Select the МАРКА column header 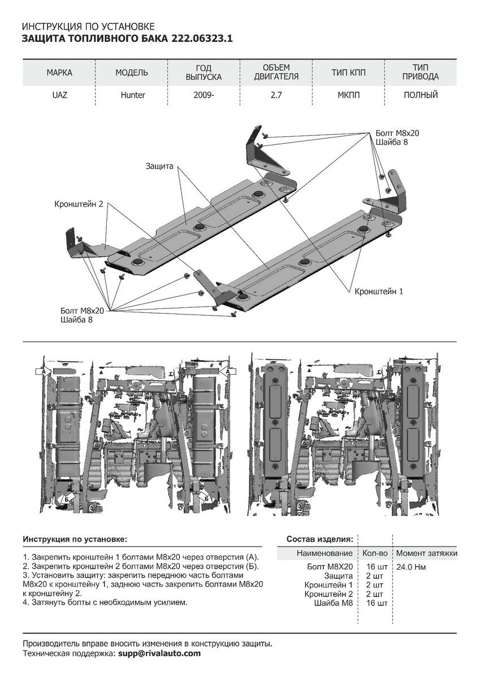(x=59, y=73)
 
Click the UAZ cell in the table (x=59, y=95)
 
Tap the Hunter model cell (x=132, y=95)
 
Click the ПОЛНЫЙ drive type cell (x=421, y=95)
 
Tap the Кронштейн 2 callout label (x=79, y=204)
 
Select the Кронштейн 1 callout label (x=379, y=291)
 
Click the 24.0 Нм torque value (x=411, y=566)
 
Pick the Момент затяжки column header (x=426, y=553)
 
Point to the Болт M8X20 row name (x=330, y=566)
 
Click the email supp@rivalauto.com (x=159, y=653)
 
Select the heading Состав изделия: (x=320, y=539)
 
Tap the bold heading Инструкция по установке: (x=75, y=539)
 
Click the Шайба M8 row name (x=333, y=603)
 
